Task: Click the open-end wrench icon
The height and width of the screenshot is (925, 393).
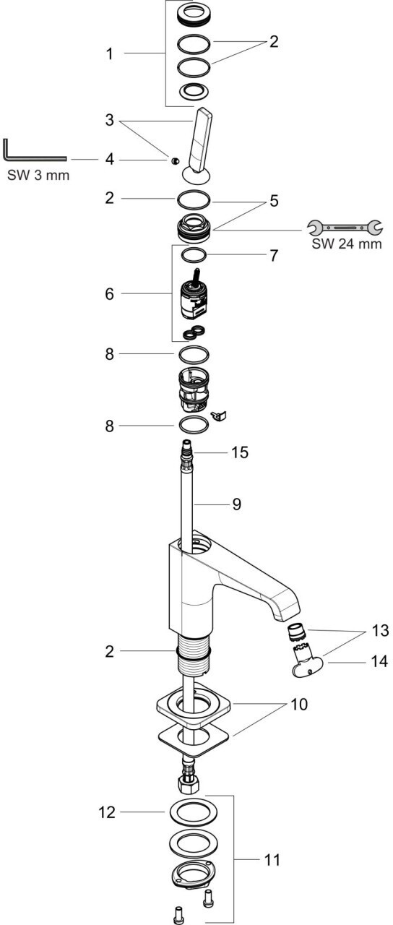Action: [x=345, y=227]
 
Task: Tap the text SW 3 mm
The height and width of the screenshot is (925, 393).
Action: [x=38, y=175]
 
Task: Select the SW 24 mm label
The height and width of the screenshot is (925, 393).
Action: [x=346, y=244]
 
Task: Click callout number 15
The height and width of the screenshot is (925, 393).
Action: [x=239, y=452]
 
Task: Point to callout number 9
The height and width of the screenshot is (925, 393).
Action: [x=236, y=504]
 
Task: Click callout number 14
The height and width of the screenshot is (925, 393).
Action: [x=379, y=661]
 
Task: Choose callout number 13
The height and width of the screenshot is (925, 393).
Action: [x=380, y=631]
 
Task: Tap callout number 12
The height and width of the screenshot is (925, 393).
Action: [x=107, y=813]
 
